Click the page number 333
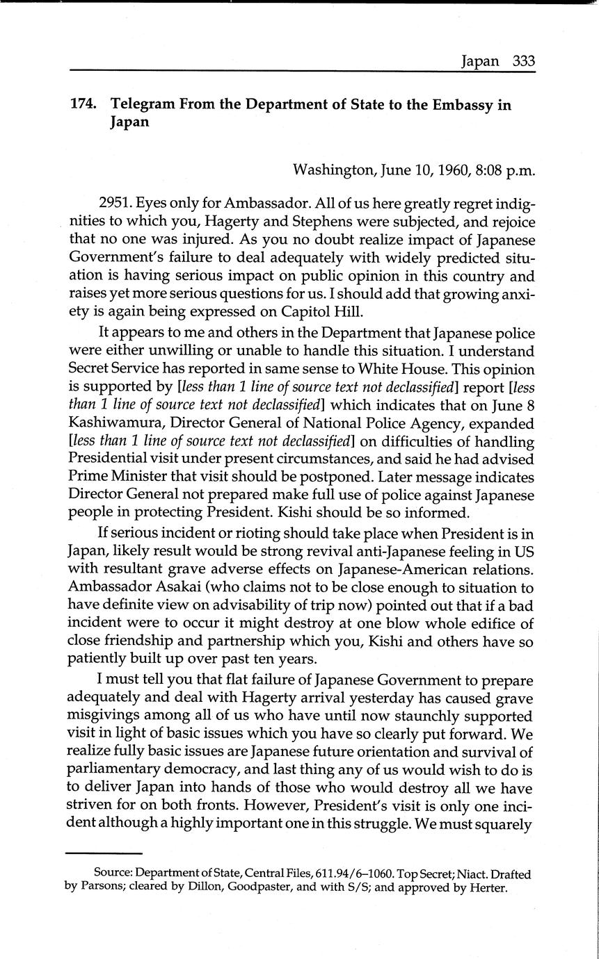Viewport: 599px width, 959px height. click(x=523, y=60)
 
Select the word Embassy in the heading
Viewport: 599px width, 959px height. click(x=468, y=105)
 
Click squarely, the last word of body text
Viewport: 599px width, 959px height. click(x=506, y=824)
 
